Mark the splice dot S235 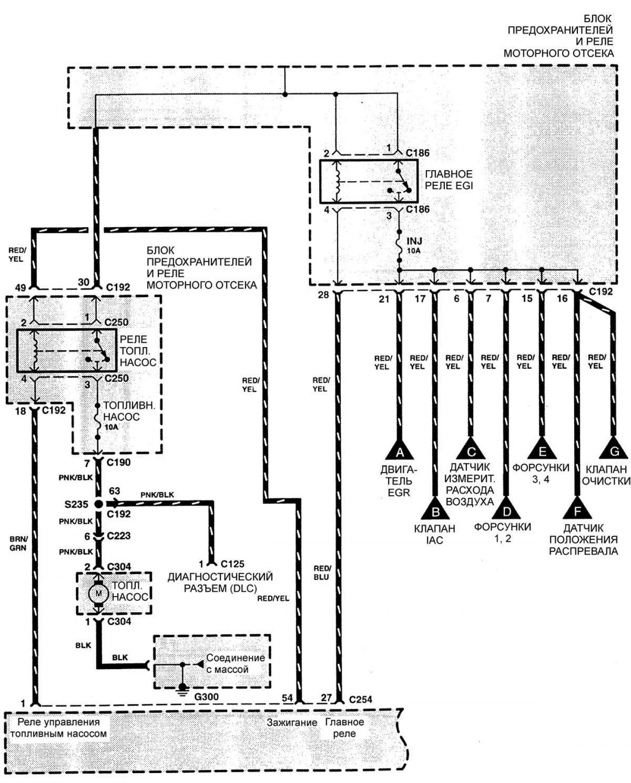tap(98, 504)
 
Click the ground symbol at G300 tap(183, 689)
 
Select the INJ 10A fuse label tap(414, 245)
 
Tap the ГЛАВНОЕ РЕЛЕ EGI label tap(448, 180)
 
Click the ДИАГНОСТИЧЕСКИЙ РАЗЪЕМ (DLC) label tap(220, 583)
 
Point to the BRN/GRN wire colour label tap(18, 543)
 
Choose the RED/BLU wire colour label tap(322, 573)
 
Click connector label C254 tap(360, 699)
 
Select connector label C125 tap(233, 564)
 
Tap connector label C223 tap(119, 536)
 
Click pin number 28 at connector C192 tap(323, 295)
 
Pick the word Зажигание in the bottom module tap(292, 723)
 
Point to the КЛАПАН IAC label tap(434, 534)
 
